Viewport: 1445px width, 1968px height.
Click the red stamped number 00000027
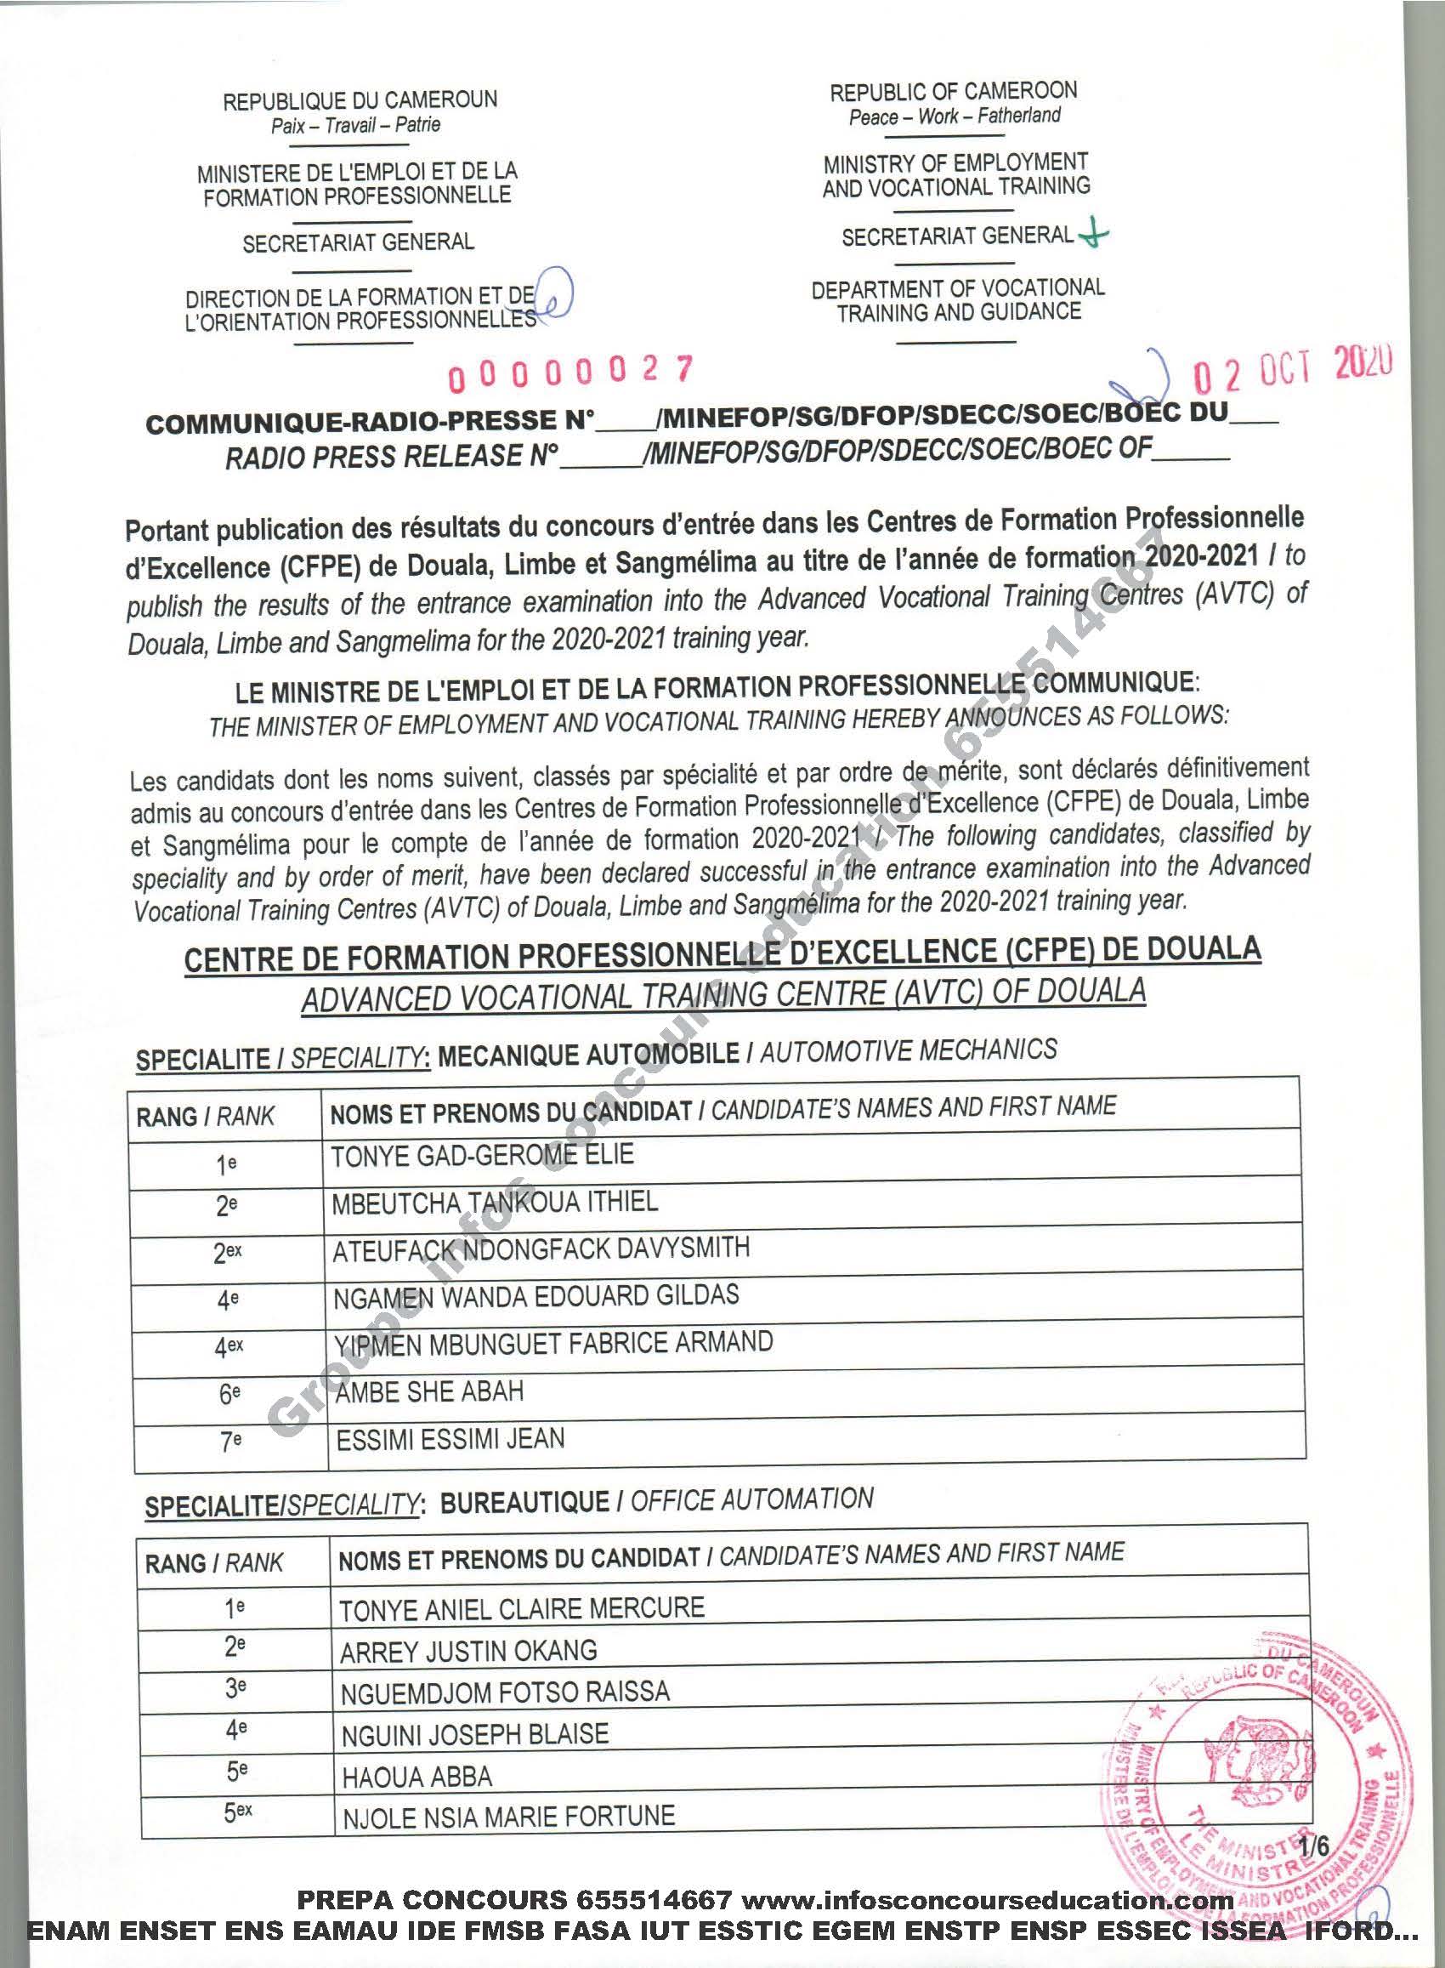pos(570,373)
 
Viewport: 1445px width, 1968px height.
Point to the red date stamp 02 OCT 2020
pos(1294,369)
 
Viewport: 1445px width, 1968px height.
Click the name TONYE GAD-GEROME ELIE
pos(482,1155)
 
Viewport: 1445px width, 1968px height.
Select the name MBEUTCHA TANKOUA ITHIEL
pos(494,1203)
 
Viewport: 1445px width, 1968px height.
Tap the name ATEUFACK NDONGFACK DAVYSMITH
pos(541,1248)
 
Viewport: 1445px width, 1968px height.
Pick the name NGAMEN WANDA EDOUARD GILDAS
pos(535,1296)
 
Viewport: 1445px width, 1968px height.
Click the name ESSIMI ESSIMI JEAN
pos(450,1440)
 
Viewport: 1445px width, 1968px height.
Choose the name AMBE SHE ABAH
pos(429,1391)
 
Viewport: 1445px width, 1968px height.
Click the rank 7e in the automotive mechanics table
pos(229,1442)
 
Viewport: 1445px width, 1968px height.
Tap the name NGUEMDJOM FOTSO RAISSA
pos(505,1692)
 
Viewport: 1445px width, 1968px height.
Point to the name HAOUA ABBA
pos(417,1777)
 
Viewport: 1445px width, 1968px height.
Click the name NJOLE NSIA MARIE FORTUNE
pos(508,1817)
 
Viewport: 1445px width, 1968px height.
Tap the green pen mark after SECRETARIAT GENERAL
pos(1093,235)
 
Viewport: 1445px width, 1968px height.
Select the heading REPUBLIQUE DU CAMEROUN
pos(360,100)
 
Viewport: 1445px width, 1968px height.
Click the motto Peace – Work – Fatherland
pos(955,117)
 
